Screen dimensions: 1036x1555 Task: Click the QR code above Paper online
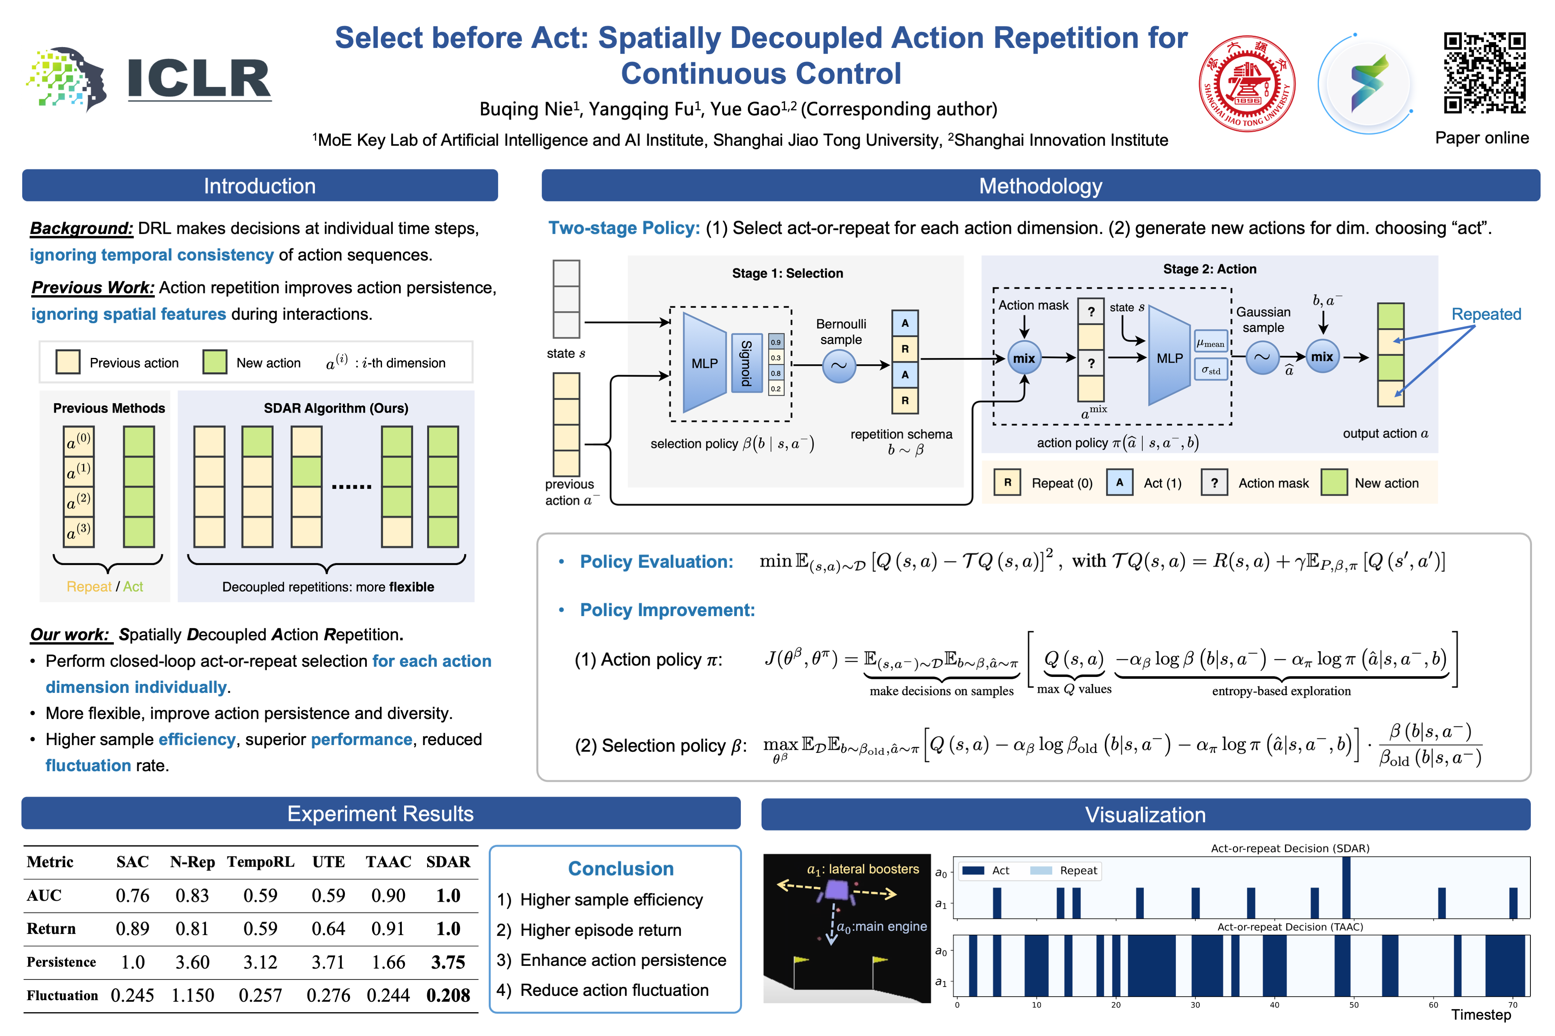click(x=1484, y=73)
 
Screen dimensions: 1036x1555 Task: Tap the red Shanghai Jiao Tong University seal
click(x=1246, y=84)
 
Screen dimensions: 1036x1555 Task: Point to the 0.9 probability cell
click(x=776, y=342)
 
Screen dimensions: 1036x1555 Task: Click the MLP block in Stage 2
click(x=1169, y=358)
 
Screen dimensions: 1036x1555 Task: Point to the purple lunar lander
click(x=838, y=890)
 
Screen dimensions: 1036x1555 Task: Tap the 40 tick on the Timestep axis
click(x=1274, y=1005)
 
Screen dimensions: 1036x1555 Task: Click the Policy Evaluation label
click(x=657, y=562)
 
